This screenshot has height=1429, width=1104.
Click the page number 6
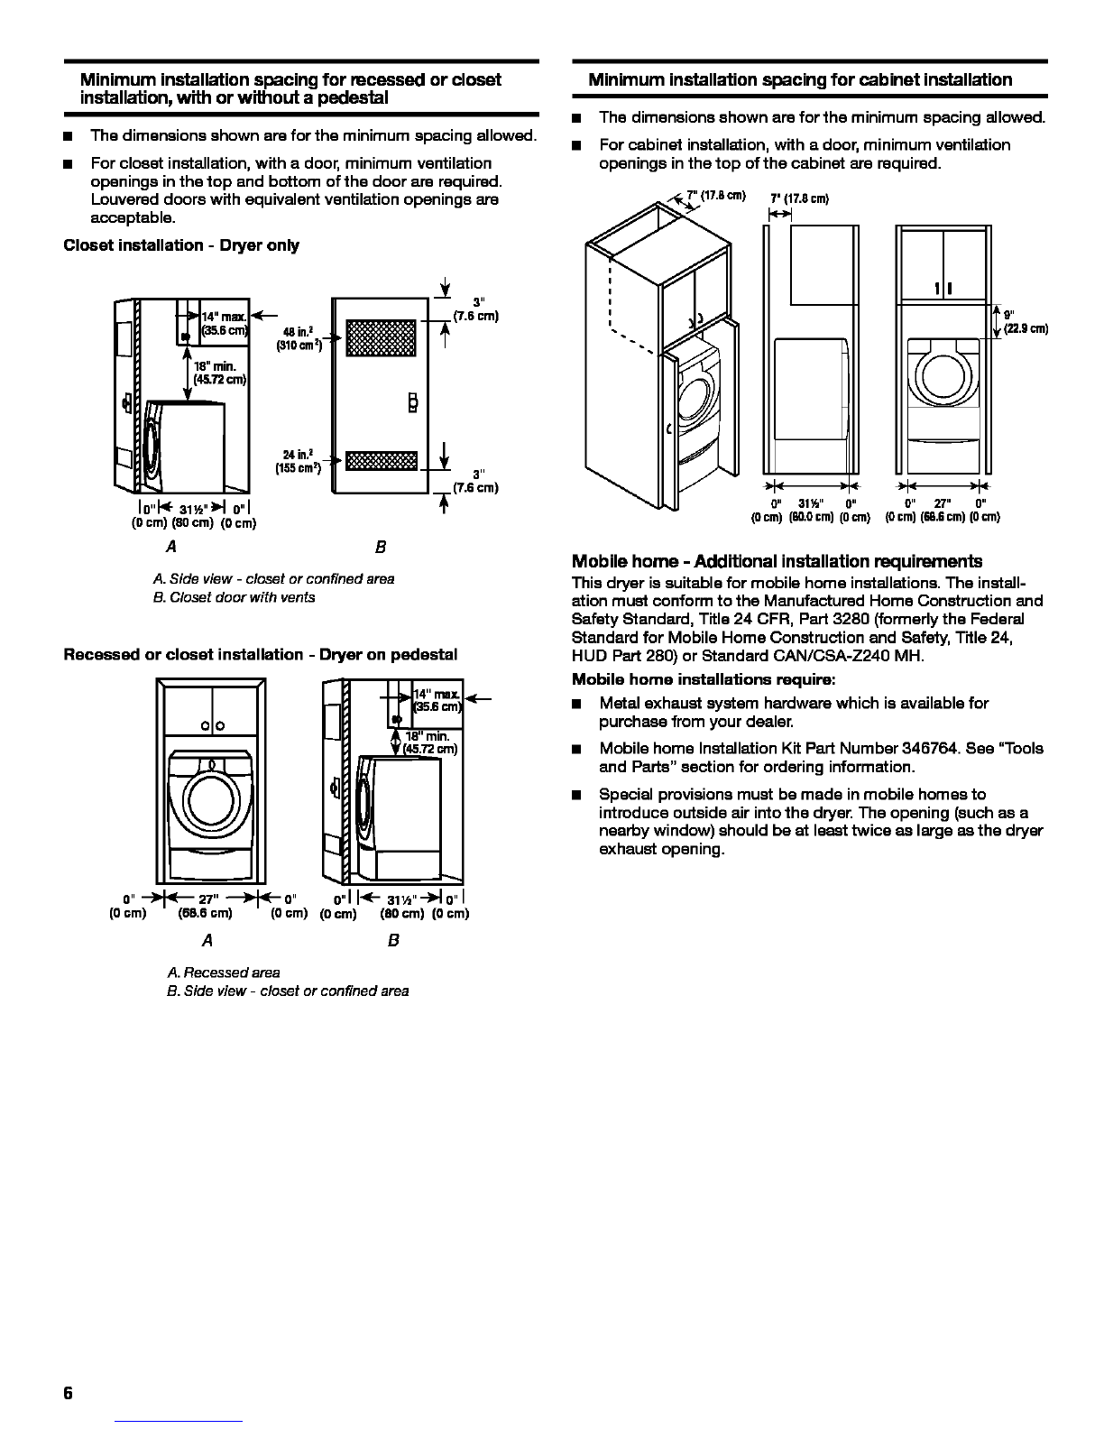coord(68,1392)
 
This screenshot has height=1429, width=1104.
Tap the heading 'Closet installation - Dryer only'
coord(181,245)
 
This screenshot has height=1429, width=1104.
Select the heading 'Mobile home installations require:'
coord(704,679)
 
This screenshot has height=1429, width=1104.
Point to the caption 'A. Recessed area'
coord(224,973)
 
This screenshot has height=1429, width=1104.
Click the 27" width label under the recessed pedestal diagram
coord(207,899)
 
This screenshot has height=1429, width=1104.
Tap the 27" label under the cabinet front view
coord(943,503)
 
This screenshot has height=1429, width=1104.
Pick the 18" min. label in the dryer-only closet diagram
coord(215,373)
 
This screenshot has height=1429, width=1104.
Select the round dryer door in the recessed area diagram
coord(211,794)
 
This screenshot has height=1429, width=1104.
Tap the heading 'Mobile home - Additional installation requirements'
coord(777,561)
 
